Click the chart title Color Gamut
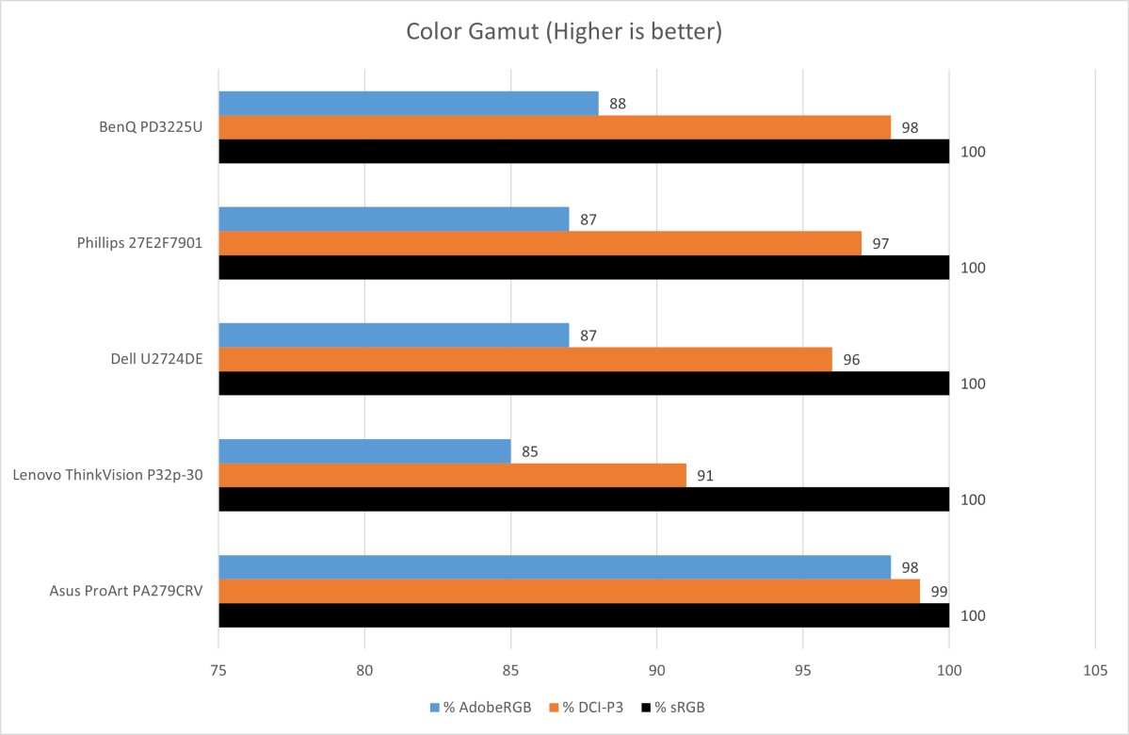point(563,32)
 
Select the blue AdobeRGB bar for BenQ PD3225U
point(408,104)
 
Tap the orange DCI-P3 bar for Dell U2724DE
point(524,359)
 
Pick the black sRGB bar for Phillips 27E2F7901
point(583,268)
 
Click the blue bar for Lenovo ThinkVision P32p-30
point(364,451)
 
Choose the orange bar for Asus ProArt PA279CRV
point(569,591)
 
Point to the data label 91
point(704,476)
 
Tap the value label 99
point(938,591)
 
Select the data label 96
point(850,359)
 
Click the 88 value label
point(617,104)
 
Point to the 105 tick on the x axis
point(1095,670)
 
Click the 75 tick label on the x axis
point(218,670)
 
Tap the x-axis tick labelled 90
point(656,670)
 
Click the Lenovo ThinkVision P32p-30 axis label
point(109,475)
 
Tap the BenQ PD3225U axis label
point(152,127)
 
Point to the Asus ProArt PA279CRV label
point(127,591)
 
